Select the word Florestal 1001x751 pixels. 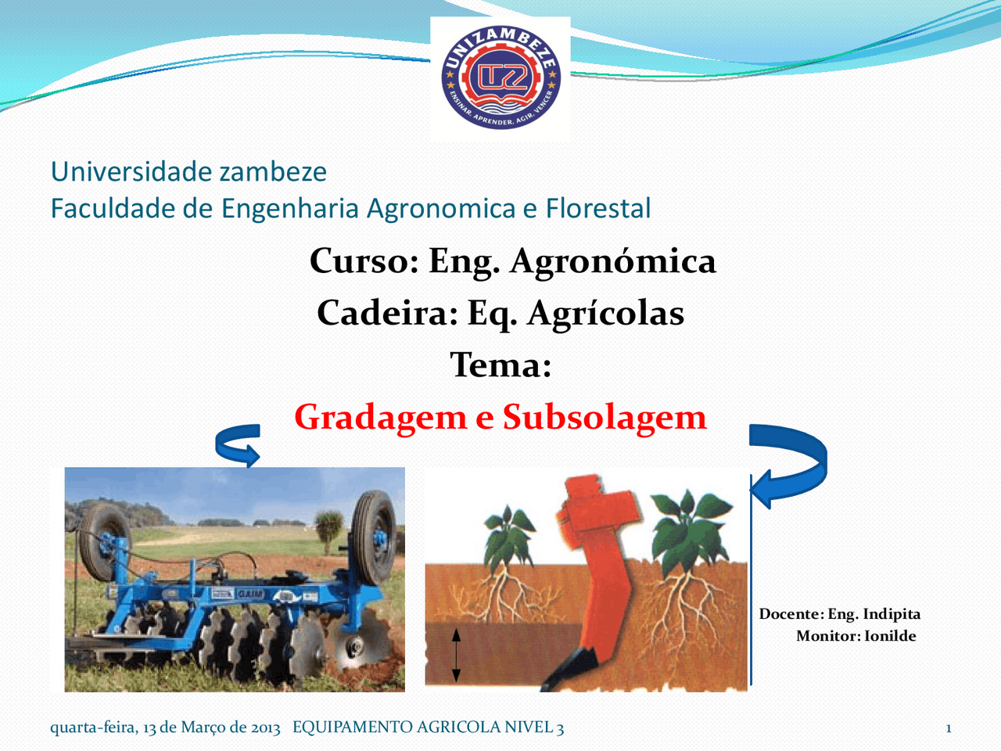pos(598,208)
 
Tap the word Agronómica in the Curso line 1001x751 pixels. pos(612,261)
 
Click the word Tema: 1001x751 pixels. pos(500,365)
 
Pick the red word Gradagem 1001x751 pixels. pos(380,417)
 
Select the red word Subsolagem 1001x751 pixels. pos(604,417)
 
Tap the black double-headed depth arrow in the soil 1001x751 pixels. pos(457,656)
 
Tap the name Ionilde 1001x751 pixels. pos(890,636)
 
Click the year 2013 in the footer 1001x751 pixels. pos(266,728)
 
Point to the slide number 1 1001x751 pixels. pos(949,728)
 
